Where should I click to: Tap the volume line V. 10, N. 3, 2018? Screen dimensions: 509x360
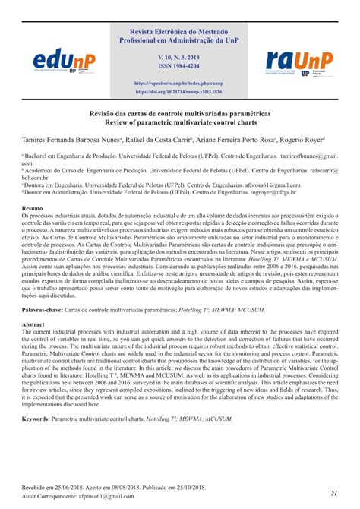(x=179, y=56)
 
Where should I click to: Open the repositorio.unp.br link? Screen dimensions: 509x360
(x=179, y=82)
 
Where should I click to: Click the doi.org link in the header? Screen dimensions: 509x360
(x=179, y=91)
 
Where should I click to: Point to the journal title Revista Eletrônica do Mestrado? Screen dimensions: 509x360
(x=179, y=33)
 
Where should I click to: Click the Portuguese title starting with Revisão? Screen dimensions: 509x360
(x=179, y=112)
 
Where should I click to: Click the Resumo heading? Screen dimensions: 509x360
(x=32, y=208)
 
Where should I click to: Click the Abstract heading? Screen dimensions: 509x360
(x=33, y=302)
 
